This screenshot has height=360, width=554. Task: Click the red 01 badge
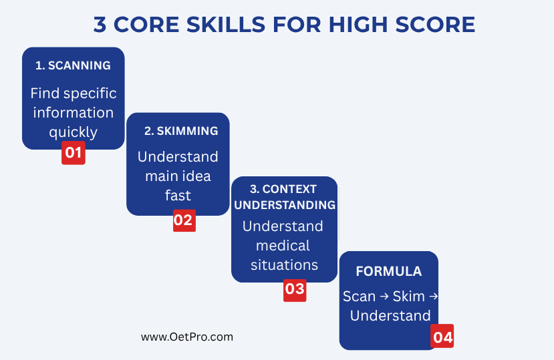73,153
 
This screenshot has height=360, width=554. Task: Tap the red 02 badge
184,220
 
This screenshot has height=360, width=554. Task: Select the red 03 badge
295,290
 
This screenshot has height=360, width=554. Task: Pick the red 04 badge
442,336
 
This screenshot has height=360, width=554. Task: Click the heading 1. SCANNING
73,65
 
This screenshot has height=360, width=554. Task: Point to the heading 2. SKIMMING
181,131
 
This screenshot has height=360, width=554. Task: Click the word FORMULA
389,271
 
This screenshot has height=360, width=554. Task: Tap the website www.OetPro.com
187,337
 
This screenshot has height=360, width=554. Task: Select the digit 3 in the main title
100,25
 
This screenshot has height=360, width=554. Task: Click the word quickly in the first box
73,132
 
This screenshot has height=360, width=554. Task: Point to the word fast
178,195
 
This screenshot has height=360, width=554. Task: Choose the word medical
283,246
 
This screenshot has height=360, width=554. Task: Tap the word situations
284,265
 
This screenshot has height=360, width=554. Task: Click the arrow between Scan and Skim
384,296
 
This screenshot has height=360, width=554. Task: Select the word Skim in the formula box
408,296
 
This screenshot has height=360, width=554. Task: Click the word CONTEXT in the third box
289,190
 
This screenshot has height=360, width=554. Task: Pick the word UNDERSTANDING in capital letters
285,205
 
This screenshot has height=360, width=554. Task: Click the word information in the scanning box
73,113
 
